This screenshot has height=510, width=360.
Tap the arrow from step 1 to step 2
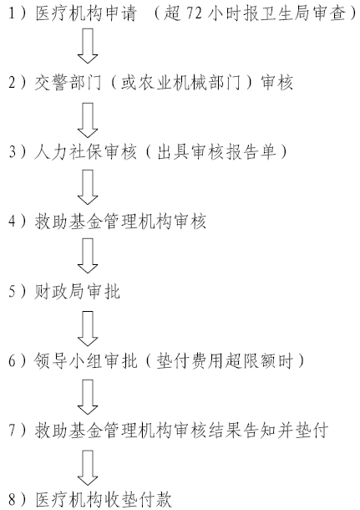click(x=88, y=46)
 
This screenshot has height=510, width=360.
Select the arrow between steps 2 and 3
click(x=88, y=120)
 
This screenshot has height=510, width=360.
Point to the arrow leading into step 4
click(x=88, y=187)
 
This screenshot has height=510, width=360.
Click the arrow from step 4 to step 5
click(x=88, y=256)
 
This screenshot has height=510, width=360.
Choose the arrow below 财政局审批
click(x=88, y=329)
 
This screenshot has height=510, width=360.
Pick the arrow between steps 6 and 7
click(x=88, y=397)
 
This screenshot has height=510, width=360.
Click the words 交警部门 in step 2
click(x=68, y=82)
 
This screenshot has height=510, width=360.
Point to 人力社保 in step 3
click(x=68, y=152)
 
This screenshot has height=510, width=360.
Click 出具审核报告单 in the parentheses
click(x=216, y=152)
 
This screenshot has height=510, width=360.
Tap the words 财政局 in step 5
click(x=60, y=291)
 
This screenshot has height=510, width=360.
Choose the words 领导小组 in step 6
click(x=68, y=361)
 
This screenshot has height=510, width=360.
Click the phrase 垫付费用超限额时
click(x=226, y=361)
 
